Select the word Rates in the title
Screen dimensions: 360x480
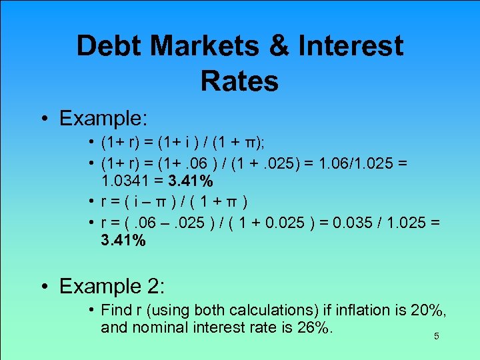[x=239, y=81]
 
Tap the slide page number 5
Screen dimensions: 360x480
[x=437, y=337]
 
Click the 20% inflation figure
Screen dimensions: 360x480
[x=429, y=310]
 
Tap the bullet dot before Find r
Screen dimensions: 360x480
[x=91, y=310]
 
